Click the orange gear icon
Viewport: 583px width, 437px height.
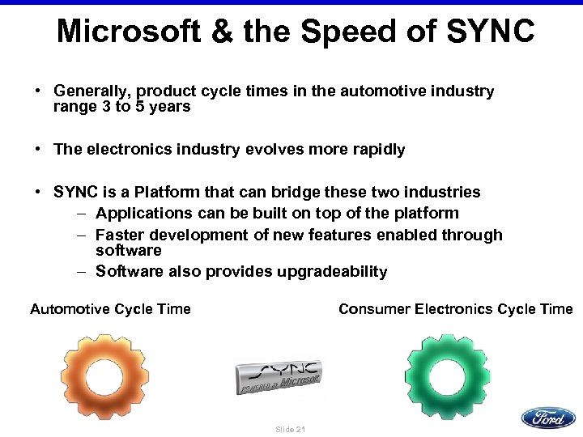(x=104, y=376)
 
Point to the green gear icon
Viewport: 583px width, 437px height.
(x=447, y=376)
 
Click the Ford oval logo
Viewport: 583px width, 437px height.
(x=547, y=418)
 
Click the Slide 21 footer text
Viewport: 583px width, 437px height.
(x=291, y=429)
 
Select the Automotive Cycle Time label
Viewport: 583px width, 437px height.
(x=110, y=309)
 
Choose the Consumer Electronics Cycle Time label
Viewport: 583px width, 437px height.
(x=455, y=309)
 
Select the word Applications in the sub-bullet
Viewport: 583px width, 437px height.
(x=140, y=214)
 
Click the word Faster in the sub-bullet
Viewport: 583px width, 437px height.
(x=118, y=235)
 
